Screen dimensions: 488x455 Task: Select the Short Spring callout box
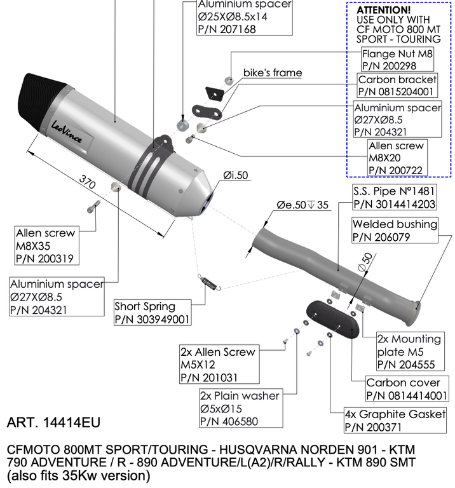[153, 312]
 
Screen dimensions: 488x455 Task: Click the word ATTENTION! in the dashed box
[383, 11]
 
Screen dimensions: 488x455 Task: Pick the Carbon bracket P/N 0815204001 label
[397, 86]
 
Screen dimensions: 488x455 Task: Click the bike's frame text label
[273, 73]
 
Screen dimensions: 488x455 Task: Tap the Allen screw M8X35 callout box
[46, 246]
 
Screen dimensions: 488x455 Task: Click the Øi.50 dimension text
[235, 175]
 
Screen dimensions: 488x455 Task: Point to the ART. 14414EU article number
[53, 423]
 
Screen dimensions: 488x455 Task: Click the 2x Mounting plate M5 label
[407, 351]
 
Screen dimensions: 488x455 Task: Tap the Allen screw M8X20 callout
[397, 158]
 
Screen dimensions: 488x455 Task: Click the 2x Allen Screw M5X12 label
[218, 365]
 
